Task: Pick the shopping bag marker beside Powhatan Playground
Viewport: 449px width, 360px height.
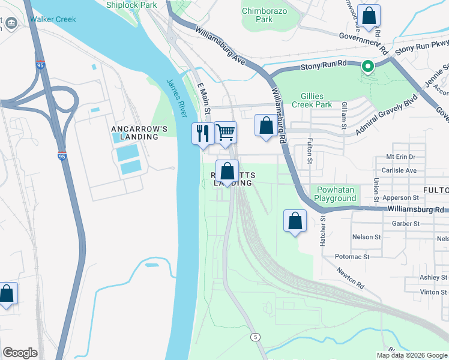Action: point(295,221)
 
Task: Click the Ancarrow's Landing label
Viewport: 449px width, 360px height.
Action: point(134,133)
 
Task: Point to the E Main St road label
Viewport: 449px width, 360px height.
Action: point(204,99)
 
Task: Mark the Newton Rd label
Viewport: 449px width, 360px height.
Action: point(351,277)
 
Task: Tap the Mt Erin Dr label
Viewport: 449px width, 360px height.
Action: point(400,157)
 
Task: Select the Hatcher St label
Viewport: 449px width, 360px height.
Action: point(323,230)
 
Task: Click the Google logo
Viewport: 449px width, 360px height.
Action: point(20,353)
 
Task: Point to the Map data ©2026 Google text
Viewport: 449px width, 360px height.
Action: point(412,355)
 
